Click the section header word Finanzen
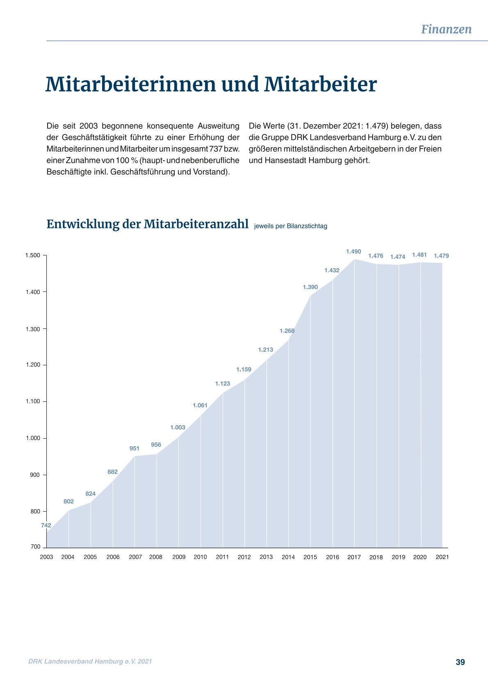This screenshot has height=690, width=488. click(x=447, y=29)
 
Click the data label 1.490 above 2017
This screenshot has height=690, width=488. click(x=353, y=251)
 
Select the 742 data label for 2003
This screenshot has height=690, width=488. click(x=46, y=525)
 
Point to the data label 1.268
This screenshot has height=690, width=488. click(x=287, y=331)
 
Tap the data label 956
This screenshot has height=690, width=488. click(x=156, y=444)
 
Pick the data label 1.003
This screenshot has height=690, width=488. click(x=178, y=427)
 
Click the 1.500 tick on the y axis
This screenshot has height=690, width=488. click(x=33, y=255)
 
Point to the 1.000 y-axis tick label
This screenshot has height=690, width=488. click(x=33, y=438)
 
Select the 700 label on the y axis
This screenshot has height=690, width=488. click(x=35, y=547)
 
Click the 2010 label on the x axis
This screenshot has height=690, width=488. click(x=200, y=557)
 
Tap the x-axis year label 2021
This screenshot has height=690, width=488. click(x=442, y=557)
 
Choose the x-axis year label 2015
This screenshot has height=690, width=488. click(x=310, y=557)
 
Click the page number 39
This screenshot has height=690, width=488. click(x=460, y=662)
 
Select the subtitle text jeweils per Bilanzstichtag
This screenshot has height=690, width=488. click(x=290, y=226)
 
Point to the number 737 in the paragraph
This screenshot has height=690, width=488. click(x=215, y=149)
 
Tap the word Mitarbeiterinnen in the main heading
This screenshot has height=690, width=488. click(x=131, y=84)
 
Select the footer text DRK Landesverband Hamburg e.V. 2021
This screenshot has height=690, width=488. click(x=90, y=661)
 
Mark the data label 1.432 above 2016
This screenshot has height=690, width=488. click(x=332, y=270)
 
